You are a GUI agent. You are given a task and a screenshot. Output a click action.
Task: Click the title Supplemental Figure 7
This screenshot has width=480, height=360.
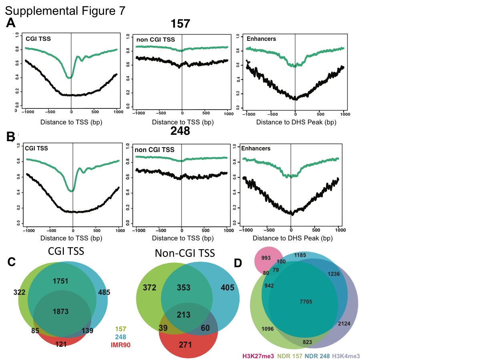tap(66, 10)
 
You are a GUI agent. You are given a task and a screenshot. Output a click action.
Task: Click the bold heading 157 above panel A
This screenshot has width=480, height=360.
tap(180, 24)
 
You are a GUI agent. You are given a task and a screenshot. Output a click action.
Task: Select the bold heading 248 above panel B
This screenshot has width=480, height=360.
tap(180, 132)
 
